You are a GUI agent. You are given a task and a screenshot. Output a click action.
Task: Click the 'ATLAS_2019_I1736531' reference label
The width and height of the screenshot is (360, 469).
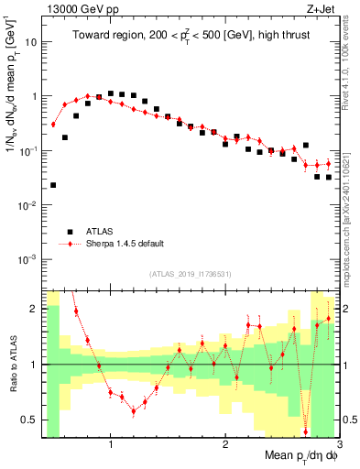(x=190, y=274)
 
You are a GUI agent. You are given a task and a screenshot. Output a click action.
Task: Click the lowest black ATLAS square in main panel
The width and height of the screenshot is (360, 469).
(x=53, y=185)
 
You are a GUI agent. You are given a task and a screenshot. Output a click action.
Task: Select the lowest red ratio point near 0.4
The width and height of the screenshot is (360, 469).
(x=305, y=431)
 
